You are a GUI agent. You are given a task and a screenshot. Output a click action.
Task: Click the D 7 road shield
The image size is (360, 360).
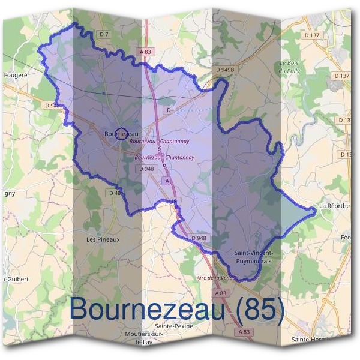(104, 34)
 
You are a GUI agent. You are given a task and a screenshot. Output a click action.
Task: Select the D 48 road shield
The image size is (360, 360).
(116, 193)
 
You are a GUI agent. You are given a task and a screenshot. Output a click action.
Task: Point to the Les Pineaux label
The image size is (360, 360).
(103, 239)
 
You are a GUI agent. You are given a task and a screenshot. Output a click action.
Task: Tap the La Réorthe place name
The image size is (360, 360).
(334, 206)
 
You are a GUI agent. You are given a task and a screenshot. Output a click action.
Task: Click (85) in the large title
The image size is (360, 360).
(260, 309)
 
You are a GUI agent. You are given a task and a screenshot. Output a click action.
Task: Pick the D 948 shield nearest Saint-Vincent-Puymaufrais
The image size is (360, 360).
(199, 238)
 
